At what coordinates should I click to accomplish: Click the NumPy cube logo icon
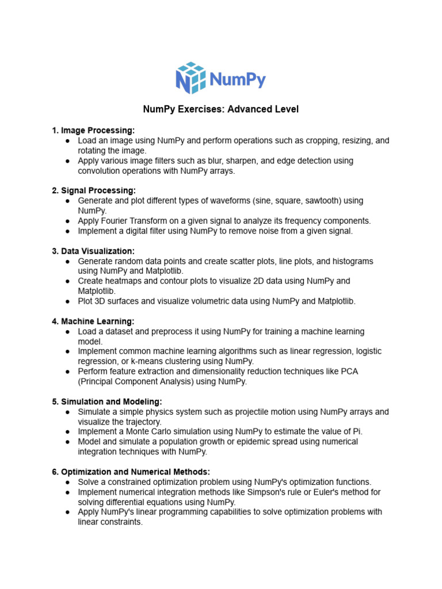tap(190, 78)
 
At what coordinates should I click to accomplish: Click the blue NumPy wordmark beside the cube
tap(237, 79)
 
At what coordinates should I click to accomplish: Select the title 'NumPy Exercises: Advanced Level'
tap(221, 109)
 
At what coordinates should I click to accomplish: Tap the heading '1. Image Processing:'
tap(93, 131)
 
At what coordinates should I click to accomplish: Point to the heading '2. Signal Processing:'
tap(94, 190)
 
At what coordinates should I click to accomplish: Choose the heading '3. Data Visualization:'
tap(93, 251)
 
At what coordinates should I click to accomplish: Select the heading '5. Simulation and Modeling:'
tap(106, 401)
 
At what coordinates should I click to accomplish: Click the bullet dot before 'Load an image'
tap(68, 141)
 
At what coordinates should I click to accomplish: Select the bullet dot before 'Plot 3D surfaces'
tap(68, 301)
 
